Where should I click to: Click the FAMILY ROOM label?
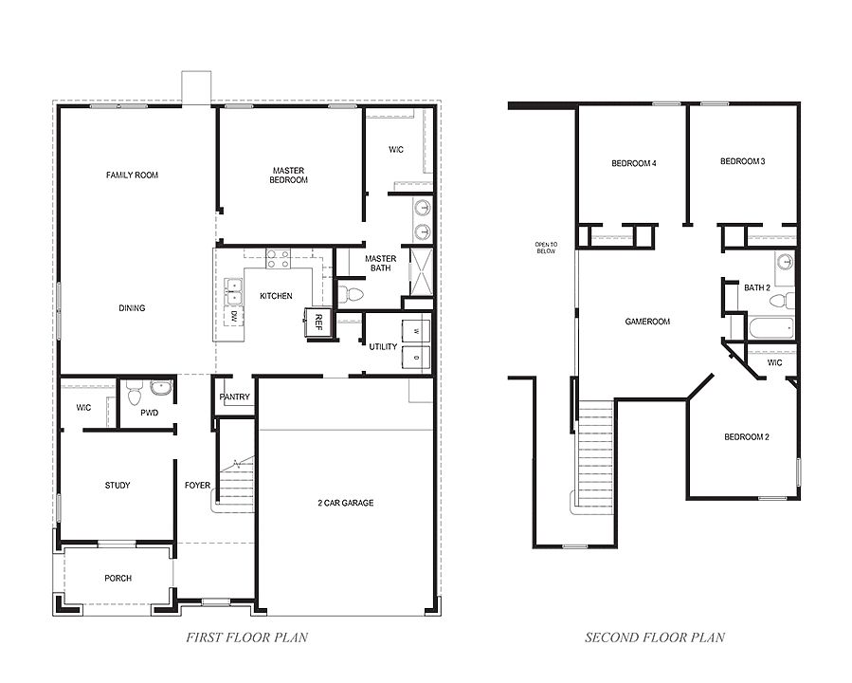click(x=132, y=175)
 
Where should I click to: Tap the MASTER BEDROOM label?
click(x=289, y=175)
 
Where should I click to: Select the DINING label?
click(x=132, y=308)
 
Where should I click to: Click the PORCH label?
click(x=118, y=579)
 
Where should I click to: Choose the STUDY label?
click(x=118, y=486)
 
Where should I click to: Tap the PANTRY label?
click(x=234, y=397)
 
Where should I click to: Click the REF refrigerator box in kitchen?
click(x=317, y=321)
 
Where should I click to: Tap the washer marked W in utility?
click(x=416, y=331)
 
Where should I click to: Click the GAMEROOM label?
click(x=647, y=322)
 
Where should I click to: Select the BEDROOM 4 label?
click(x=634, y=164)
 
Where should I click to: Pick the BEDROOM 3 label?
click(x=742, y=162)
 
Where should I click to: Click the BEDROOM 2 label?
click(x=746, y=437)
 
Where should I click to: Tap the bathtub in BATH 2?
click(x=770, y=329)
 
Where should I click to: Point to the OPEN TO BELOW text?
click(x=547, y=249)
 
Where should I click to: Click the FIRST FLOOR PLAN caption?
click(x=246, y=637)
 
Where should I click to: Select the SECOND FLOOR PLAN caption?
click(x=655, y=637)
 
